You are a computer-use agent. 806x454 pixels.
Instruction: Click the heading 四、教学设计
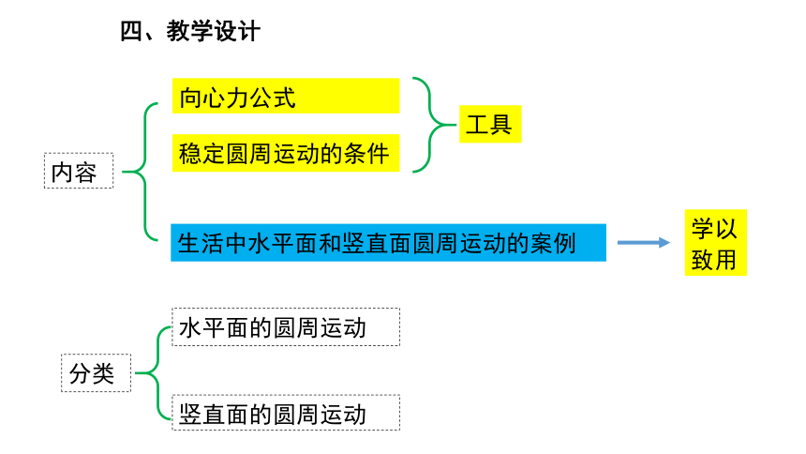click(x=190, y=31)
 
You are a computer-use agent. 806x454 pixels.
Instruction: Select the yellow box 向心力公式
click(x=286, y=96)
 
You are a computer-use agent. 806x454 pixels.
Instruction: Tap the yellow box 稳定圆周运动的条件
click(x=286, y=154)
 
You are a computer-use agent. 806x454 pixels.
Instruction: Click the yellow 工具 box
click(x=490, y=124)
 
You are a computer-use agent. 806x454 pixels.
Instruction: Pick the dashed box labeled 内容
click(x=79, y=171)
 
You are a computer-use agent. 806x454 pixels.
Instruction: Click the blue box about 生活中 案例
click(x=388, y=242)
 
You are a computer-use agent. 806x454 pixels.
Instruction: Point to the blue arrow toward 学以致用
click(x=644, y=242)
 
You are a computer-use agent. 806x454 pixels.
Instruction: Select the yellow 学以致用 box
click(x=715, y=242)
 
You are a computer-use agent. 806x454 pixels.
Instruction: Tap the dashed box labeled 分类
click(x=97, y=372)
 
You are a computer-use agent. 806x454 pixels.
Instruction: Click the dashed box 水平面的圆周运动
click(x=286, y=326)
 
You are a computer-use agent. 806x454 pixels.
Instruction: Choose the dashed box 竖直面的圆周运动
click(x=286, y=413)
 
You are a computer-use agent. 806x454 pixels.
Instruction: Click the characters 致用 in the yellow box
click(x=714, y=260)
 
